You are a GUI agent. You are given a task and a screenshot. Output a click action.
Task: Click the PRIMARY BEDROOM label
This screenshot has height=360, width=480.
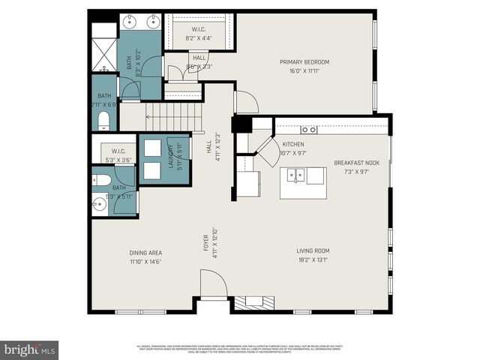(304, 62)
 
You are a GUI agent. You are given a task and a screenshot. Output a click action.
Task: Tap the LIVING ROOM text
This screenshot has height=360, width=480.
(313, 251)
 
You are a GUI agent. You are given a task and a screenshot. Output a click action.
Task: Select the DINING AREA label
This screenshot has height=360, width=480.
(145, 253)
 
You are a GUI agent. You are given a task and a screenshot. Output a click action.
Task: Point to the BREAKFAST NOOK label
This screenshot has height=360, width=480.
(357, 163)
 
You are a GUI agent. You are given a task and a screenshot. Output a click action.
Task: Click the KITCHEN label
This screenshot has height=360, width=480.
(293, 144)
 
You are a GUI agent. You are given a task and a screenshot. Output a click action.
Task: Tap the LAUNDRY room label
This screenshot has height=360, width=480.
(170, 157)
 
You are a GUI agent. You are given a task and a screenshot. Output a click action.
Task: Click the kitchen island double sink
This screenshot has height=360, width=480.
(298, 175)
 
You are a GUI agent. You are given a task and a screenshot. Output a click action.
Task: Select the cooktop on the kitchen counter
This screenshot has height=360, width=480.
(308, 130)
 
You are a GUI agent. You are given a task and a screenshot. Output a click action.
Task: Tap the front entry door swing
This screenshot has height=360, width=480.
(213, 285)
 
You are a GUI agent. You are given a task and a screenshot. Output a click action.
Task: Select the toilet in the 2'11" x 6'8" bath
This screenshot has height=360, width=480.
(103, 121)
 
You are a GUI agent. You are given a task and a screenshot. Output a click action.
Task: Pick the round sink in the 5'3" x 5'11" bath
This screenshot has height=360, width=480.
(101, 203)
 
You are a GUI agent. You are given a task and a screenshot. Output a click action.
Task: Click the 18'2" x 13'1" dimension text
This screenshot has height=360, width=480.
(313, 260)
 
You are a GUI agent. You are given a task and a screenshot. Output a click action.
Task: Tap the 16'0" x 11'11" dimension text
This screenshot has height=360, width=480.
(304, 71)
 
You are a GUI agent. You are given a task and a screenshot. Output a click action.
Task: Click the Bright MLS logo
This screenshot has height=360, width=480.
(29, 349)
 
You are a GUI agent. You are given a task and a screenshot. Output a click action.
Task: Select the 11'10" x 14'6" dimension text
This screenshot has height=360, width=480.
(145, 261)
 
